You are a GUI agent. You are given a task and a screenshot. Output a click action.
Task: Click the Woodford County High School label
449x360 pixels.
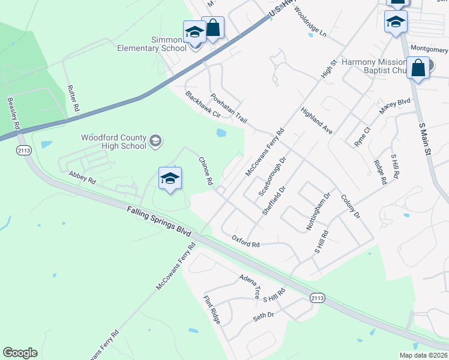(x=113, y=142)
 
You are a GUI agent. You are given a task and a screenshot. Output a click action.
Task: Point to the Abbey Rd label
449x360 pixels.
(x=82, y=178)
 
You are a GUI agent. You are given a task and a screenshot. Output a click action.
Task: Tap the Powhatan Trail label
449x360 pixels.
(x=229, y=108)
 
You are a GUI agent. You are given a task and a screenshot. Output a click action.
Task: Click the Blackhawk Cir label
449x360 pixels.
(x=203, y=104)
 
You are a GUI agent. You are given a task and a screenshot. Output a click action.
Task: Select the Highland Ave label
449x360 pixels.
(x=317, y=121)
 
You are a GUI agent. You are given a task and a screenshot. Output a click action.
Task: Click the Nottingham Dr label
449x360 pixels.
(x=319, y=212)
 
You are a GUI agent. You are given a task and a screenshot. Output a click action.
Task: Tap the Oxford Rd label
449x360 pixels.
(x=246, y=241)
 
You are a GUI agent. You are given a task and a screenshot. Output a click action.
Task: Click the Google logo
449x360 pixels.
(x=20, y=352)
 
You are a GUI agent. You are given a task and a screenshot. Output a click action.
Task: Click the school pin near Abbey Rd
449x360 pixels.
(x=170, y=178)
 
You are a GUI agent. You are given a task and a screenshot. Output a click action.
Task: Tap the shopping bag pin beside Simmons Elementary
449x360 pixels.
(x=213, y=27)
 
